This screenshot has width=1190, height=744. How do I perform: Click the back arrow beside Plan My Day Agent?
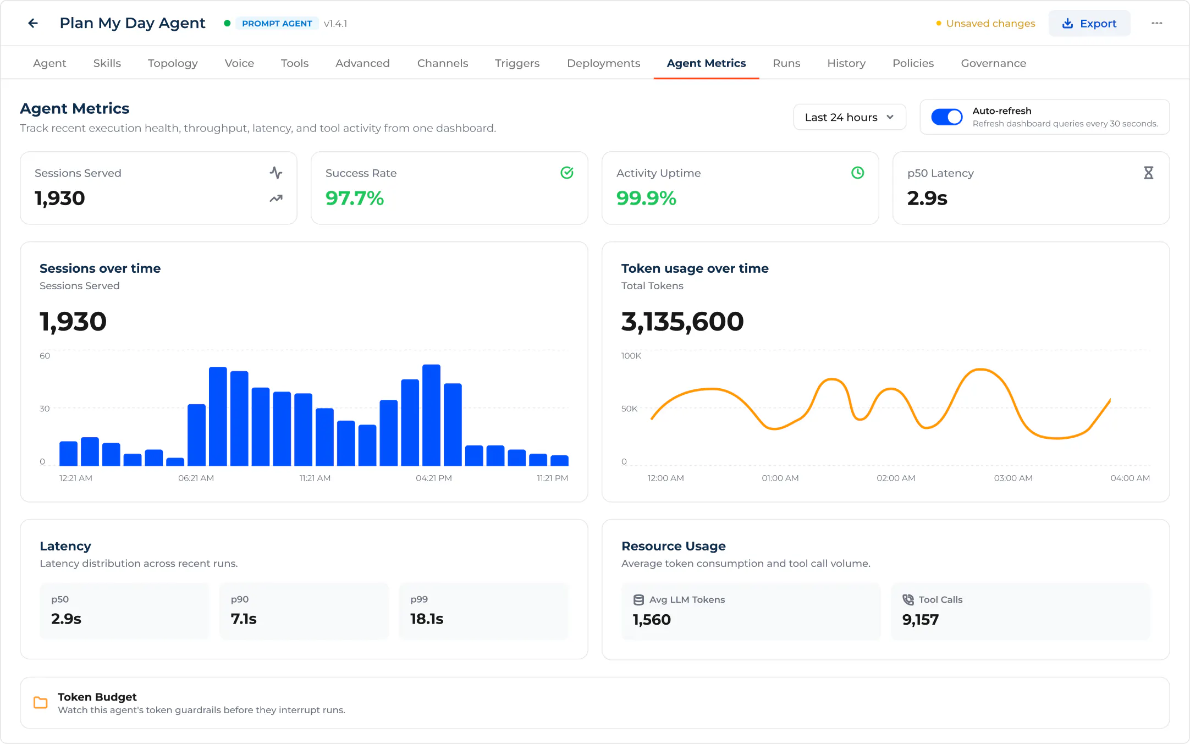pos(33,23)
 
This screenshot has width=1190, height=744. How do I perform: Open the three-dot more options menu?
pos(1156,23)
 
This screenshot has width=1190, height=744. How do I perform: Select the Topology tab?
pos(173,63)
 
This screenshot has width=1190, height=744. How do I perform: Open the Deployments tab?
pos(603,63)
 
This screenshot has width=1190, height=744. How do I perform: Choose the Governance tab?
pos(993,63)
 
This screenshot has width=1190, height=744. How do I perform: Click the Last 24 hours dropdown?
pos(849,117)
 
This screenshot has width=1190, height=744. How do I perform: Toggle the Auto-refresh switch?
pos(946,117)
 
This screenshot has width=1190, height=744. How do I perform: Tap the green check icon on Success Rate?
pos(567,173)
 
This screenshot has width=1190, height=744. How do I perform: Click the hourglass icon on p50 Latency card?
pos(1148,173)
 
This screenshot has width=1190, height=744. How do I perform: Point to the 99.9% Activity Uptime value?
pos(646,198)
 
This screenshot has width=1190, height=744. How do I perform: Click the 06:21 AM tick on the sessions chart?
pos(196,478)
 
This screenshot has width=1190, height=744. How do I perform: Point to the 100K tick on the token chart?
pos(631,356)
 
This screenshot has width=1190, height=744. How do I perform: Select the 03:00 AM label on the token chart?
pos(1013,478)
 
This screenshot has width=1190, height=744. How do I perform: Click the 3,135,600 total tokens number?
pos(682,321)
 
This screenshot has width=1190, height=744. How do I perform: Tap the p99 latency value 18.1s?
pos(427,619)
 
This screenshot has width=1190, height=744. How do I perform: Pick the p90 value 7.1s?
pos(244,619)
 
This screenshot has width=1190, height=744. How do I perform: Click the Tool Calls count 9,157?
pos(920,620)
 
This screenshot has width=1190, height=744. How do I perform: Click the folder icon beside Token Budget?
pos(41,703)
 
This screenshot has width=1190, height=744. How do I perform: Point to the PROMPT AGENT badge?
pos(277,23)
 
